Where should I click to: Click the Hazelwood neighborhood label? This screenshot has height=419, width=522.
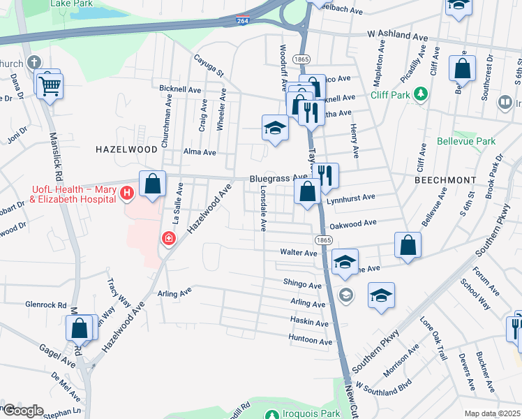click(126, 149)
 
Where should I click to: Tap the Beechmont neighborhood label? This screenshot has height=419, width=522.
click(445, 179)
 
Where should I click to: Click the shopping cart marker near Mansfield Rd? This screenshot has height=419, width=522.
click(50, 87)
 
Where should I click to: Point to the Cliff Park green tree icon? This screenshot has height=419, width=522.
click(420, 93)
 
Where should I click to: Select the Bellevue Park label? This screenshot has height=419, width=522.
click(466, 141)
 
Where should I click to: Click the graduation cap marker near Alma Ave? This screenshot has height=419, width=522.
click(275, 128)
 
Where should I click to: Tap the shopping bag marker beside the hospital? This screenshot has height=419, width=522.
click(153, 184)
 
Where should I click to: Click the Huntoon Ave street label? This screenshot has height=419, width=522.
click(311, 341)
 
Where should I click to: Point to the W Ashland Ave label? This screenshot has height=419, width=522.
click(397, 35)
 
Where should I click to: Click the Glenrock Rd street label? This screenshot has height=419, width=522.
click(45, 304)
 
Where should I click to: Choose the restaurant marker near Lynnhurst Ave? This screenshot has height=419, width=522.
click(325, 175)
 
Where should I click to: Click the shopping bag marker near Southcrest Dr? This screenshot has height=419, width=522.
click(462, 70)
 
